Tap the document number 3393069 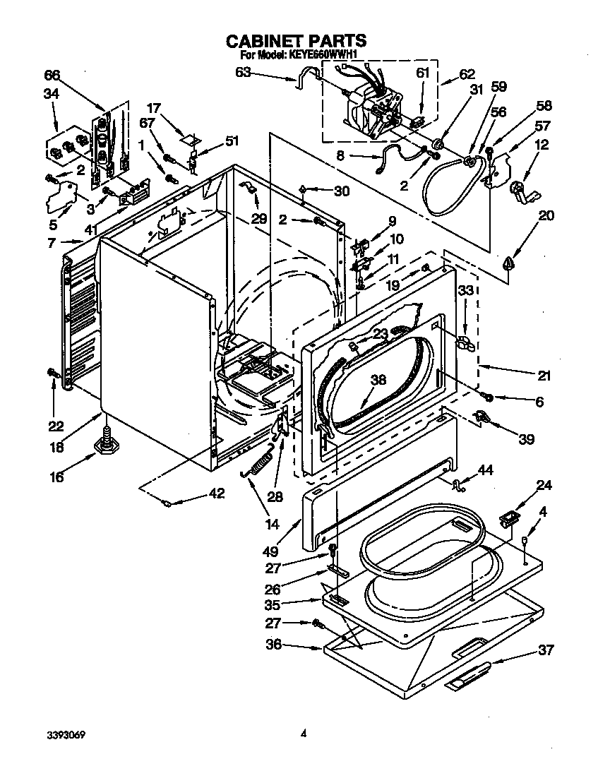[67, 734]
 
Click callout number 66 [52, 75]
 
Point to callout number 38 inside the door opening [378, 378]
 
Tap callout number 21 [544, 376]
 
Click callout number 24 [544, 485]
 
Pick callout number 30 [341, 191]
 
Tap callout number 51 [232, 140]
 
